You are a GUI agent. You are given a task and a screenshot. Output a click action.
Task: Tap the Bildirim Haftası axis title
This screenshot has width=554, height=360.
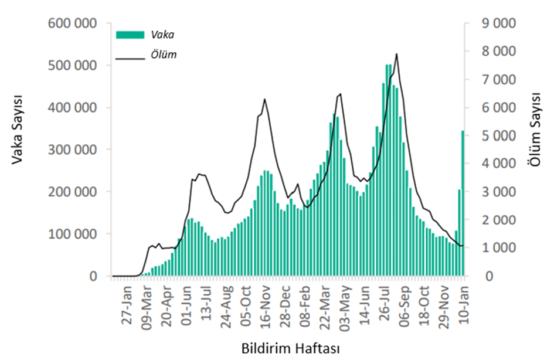click(290, 348)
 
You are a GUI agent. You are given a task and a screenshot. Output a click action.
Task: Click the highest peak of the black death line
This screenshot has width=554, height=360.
click(397, 54)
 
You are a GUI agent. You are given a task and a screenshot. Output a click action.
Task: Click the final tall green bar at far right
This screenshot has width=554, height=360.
click(463, 203)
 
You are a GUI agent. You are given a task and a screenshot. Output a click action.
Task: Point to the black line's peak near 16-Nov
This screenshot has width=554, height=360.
click(265, 99)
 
